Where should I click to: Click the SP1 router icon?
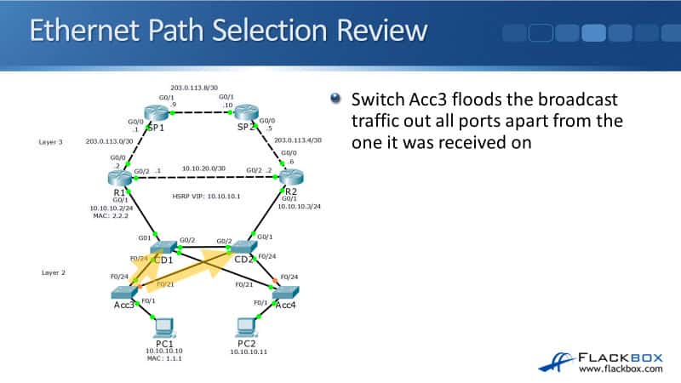pos(157,112)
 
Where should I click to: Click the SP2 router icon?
pos(247,112)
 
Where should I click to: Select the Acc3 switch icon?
pos(124,290)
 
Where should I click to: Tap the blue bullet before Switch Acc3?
pos(335,99)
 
